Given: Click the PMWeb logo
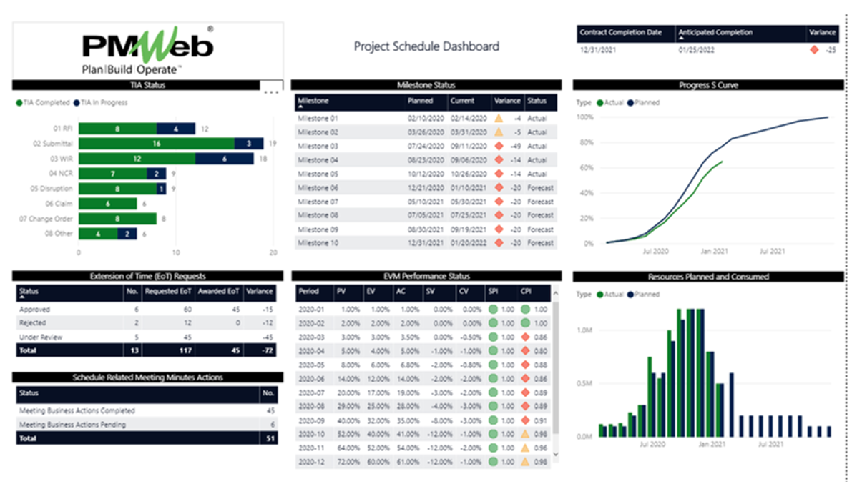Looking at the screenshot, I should point(147,50).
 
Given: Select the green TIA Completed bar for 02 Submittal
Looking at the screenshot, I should point(156,143).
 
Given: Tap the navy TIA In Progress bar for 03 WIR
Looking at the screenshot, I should point(225,159).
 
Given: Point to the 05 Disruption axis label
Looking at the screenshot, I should point(53,189).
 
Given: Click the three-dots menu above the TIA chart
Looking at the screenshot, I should point(270,92).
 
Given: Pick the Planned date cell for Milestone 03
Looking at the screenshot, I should point(425,146).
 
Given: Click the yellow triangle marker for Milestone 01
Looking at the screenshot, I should point(499,119).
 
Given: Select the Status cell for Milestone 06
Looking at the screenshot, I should point(540,187).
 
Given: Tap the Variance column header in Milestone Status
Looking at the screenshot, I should point(507,101).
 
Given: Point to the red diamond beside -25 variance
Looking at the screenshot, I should point(813,50).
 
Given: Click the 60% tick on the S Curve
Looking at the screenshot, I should point(586,167).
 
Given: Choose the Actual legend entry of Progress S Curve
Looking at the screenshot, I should point(609,103).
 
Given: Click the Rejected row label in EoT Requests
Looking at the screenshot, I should point(32,323).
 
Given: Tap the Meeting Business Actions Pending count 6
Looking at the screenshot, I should point(270,425).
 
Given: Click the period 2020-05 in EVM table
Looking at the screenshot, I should point(310,365).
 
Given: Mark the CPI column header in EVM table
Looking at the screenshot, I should point(525,292).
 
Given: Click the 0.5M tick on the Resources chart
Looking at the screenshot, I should point(584,383).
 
